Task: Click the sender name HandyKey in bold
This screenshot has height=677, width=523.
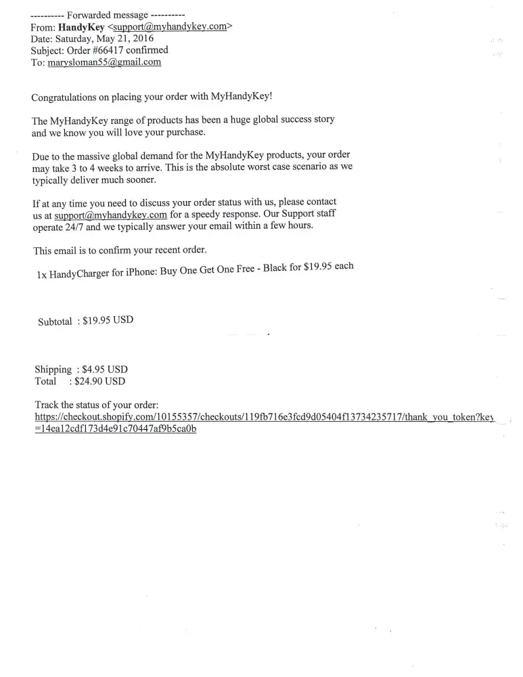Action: coord(81,27)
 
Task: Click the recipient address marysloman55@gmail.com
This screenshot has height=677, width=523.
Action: coord(104,62)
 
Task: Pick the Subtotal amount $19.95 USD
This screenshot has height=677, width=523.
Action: coord(108,321)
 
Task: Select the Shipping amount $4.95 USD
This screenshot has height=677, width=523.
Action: coord(104,370)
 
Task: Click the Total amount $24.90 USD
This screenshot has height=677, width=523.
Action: coord(100,381)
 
